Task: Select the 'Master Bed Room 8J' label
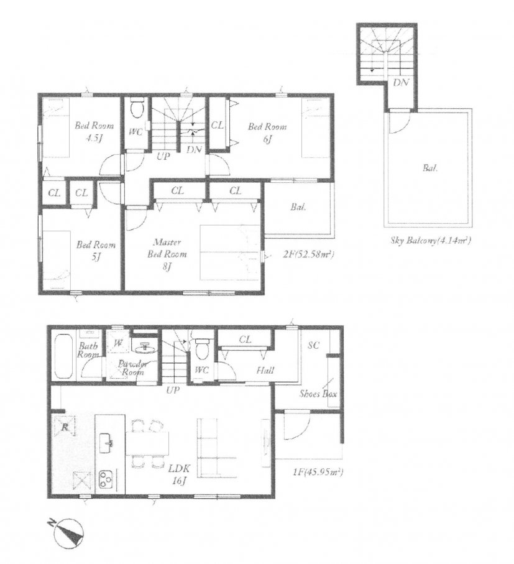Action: (x=167, y=254)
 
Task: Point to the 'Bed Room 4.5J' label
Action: (x=94, y=131)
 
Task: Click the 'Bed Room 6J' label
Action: (x=267, y=132)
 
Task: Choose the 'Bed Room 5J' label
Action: (x=96, y=251)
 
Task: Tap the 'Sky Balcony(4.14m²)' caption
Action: (x=431, y=240)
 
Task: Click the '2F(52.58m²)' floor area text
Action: (x=309, y=255)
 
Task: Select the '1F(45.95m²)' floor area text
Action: (x=317, y=471)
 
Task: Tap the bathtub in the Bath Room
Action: (x=64, y=356)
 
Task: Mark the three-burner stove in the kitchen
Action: (x=106, y=479)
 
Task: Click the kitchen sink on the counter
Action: (x=106, y=443)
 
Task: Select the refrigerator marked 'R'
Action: (x=65, y=427)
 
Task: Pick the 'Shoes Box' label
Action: (x=318, y=394)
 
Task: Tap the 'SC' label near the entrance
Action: (x=313, y=345)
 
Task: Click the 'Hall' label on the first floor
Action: (x=265, y=370)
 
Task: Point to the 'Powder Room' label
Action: (x=132, y=368)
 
